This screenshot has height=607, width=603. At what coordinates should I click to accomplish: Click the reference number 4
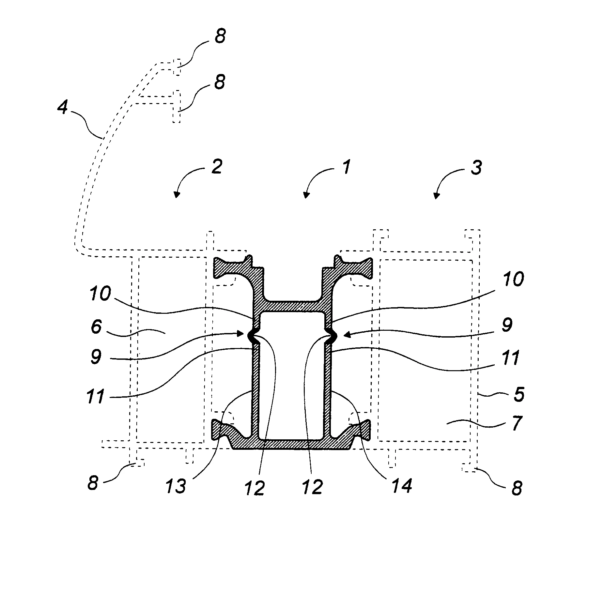click(62, 107)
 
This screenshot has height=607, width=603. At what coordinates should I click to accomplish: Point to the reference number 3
click(476, 168)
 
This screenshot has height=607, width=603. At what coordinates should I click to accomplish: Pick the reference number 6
click(96, 326)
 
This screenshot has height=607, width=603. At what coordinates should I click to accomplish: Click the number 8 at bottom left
click(93, 482)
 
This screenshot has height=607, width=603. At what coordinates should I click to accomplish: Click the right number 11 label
click(511, 358)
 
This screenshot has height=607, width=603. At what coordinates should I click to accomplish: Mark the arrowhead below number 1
click(305, 195)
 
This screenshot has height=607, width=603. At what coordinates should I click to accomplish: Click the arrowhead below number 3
click(435, 196)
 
